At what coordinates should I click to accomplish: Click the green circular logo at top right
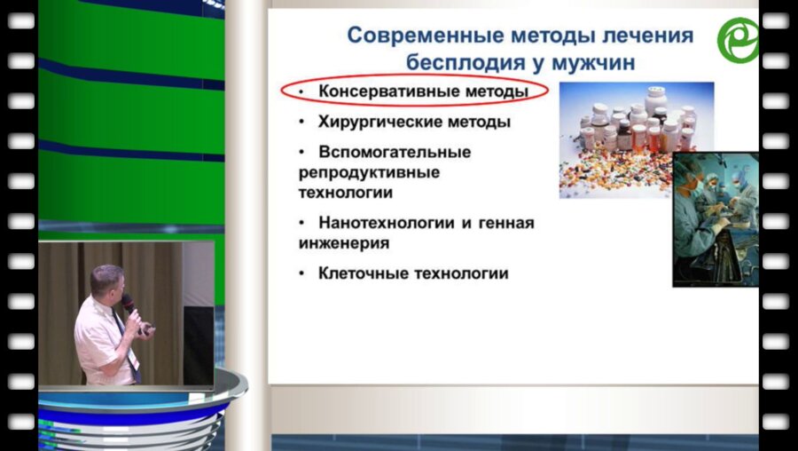(739, 40)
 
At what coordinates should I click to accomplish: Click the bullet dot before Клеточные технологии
(302, 273)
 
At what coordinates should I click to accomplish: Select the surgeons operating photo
(715, 218)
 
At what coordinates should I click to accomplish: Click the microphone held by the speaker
(129, 305)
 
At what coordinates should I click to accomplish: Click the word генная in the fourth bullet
(506, 223)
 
